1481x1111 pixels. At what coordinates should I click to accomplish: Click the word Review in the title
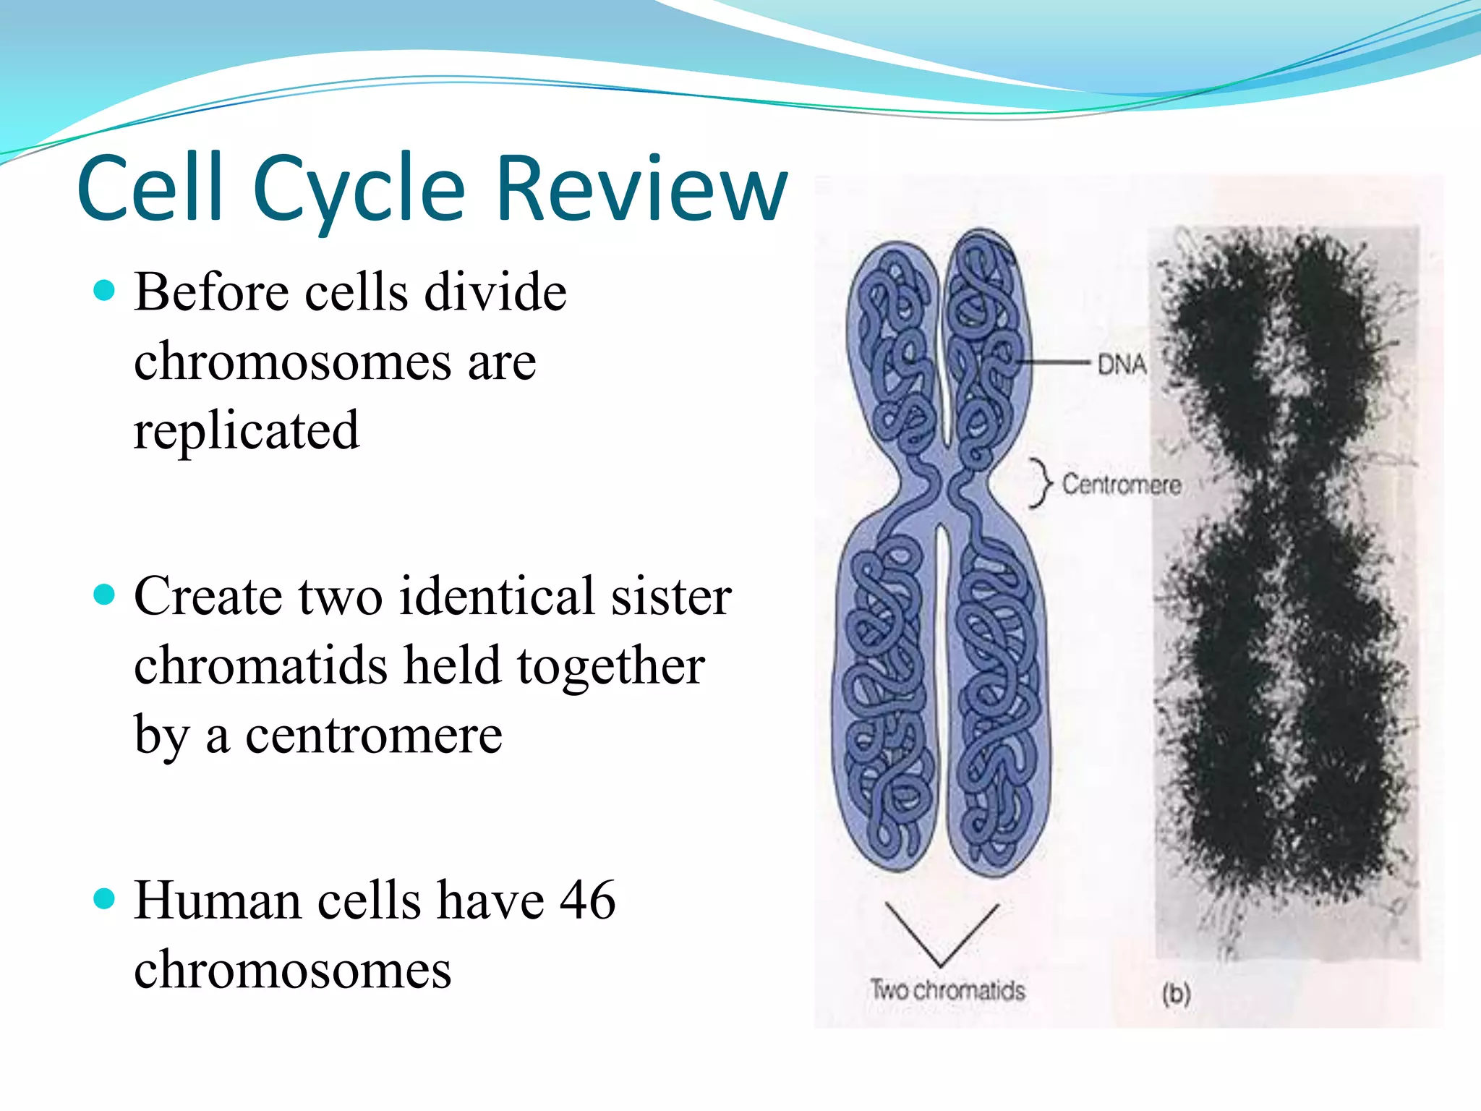tap(642, 190)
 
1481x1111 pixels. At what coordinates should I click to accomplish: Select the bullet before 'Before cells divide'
tap(105, 291)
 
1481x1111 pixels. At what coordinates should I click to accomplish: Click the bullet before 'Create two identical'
tap(105, 595)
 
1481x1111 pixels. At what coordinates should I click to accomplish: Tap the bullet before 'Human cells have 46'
tap(105, 899)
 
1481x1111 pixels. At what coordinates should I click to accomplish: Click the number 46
tap(587, 901)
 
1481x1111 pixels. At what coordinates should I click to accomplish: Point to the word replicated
tap(246, 430)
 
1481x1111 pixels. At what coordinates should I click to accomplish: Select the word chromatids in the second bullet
tap(261, 665)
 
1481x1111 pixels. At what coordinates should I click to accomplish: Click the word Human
tap(217, 901)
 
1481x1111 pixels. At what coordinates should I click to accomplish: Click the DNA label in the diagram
tap(1121, 364)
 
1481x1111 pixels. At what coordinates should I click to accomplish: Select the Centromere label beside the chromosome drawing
tap(1121, 484)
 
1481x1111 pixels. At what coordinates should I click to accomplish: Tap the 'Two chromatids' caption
tap(947, 989)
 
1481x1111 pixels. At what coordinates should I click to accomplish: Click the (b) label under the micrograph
tap(1176, 993)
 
